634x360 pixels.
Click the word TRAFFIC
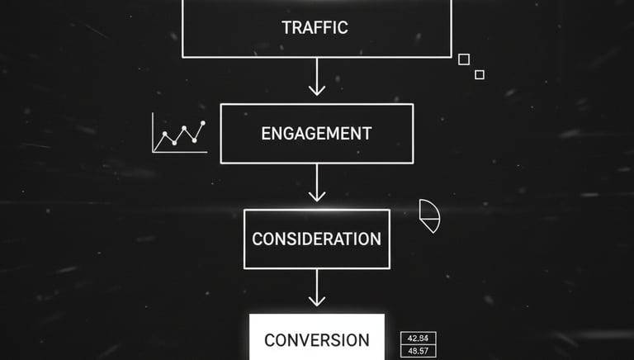[315, 27]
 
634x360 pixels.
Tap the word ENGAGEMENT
[316, 133]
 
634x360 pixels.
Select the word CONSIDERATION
[316, 239]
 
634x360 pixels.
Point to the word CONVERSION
[317, 340]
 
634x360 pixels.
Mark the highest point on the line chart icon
[202, 124]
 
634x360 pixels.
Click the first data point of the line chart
[165, 134]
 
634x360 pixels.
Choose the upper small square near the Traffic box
[464, 59]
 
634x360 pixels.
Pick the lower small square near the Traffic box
[480, 74]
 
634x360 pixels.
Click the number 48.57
[418, 352]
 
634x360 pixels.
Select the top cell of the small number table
[418, 339]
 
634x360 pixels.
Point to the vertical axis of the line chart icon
[154, 132]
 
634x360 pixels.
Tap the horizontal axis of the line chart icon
[178, 152]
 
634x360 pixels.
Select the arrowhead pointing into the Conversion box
[316, 302]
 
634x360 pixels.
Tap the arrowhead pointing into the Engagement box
[316, 91]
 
